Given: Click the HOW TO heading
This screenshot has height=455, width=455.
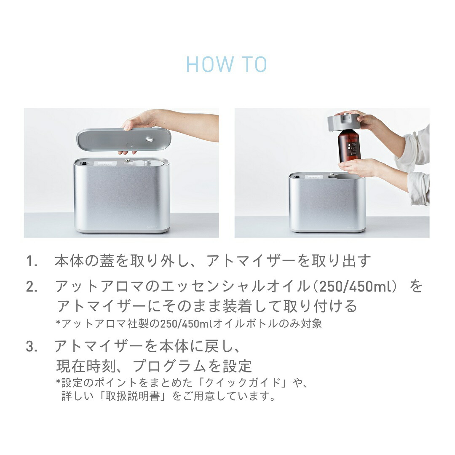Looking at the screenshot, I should pos(227,64).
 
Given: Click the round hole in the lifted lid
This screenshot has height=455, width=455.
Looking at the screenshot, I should pos(150,139).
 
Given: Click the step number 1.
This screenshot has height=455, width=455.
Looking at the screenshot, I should pos(32,262).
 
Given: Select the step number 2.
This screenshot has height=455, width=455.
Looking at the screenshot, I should pos(32,287).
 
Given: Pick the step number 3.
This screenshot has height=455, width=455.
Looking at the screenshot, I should pos(32,347).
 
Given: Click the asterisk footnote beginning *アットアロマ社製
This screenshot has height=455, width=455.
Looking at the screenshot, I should pos(189,324).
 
